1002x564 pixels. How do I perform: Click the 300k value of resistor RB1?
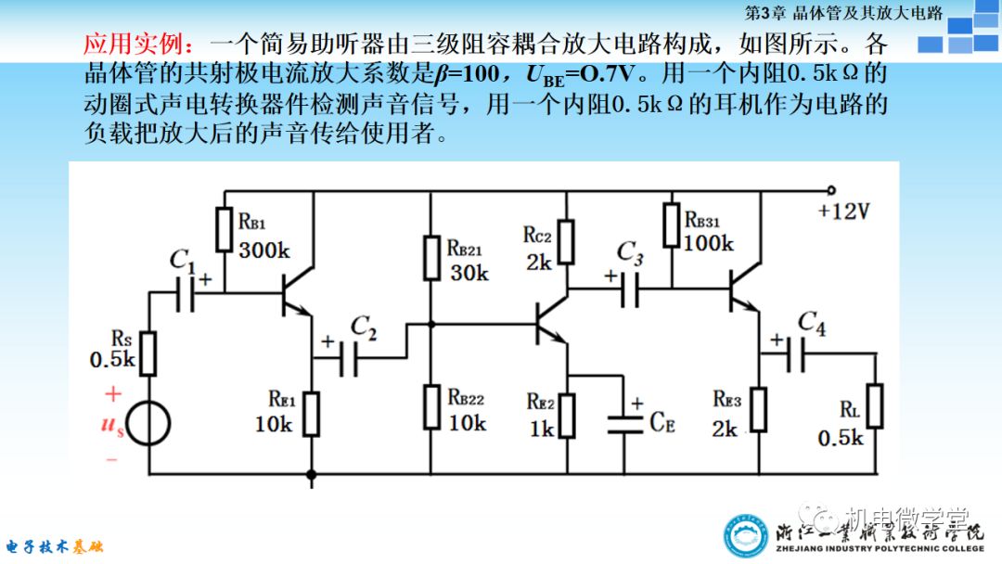(x=263, y=250)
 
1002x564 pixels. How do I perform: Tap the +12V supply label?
(x=843, y=211)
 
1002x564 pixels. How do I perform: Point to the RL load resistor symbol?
(x=874, y=405)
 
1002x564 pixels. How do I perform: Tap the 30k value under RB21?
(x=469, y=273)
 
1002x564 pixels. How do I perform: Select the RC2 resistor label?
(x=538, y=236)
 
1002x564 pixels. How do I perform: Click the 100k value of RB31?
(x=708, y=243)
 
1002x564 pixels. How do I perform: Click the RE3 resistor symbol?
(x=759, y=409)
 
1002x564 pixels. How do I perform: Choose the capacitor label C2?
(x=363, y=327)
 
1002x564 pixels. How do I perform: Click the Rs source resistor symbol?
(x=148, y=352)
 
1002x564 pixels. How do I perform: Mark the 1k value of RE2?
(x=542, y=429)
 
